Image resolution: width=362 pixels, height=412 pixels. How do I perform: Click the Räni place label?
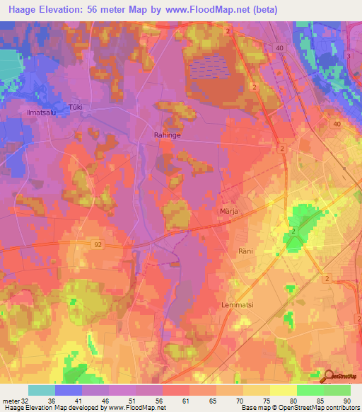click(x=245, y=251)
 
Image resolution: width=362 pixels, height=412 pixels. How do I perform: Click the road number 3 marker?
click(x=348, y=55)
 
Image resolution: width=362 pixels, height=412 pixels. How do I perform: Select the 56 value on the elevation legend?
click(x=150, y=401)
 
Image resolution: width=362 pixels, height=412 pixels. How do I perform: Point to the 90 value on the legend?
click(x=347, y=401)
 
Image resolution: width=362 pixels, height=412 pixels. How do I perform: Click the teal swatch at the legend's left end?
click(x=42, y=390)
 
